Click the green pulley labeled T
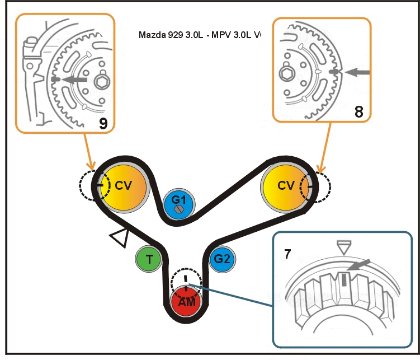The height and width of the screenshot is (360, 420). point(149,259)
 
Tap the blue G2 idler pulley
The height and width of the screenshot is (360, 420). point(222,259)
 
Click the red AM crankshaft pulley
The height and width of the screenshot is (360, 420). point(186,302)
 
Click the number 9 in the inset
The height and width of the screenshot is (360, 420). point(102,124)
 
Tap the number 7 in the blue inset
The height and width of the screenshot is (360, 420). point(287,254)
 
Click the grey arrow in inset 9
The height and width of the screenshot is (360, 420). point(73,80)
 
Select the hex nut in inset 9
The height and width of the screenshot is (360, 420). point(102,82)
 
